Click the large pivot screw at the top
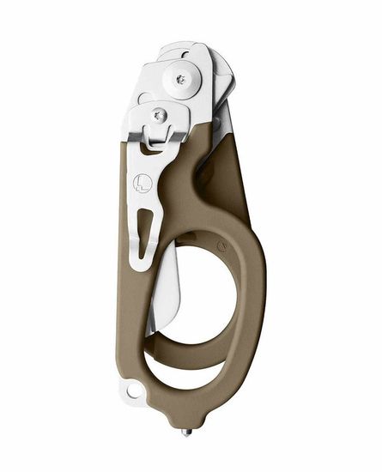click(180, 79)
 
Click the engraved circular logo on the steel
click(143, 183)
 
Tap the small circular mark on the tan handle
click(221, 245)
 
